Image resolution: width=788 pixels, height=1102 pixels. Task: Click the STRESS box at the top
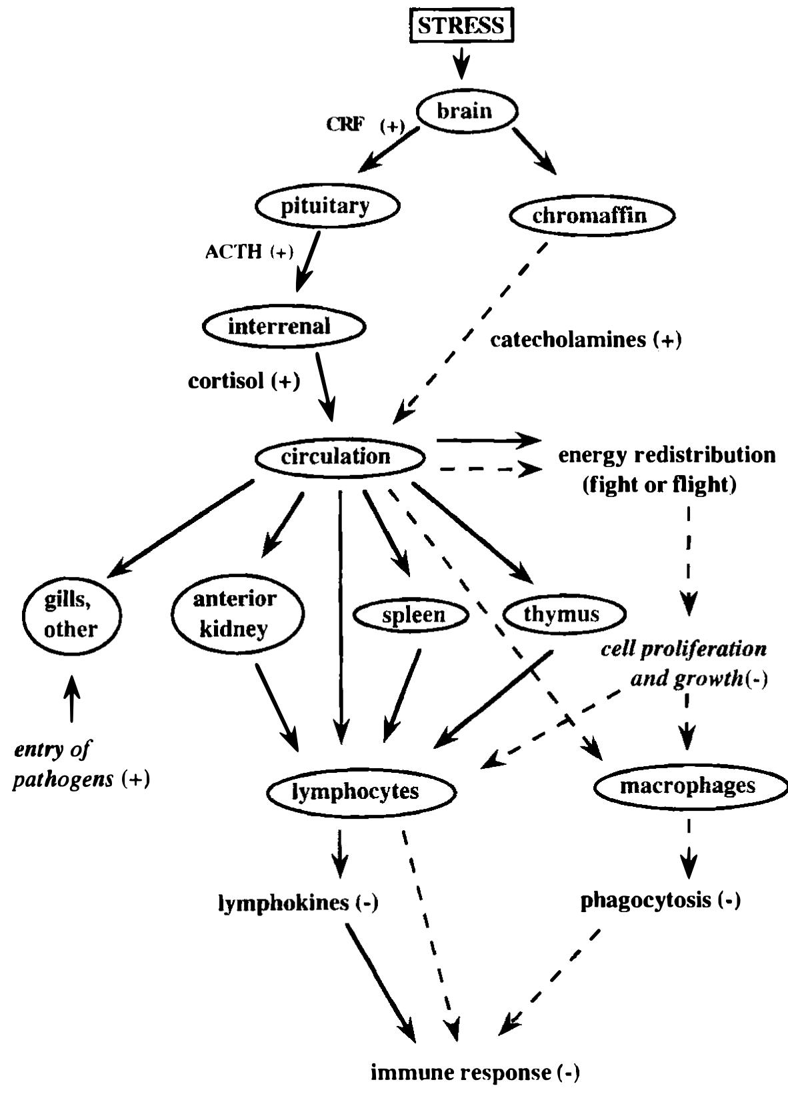click(461, 27)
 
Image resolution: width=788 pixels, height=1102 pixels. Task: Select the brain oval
click(465, 111)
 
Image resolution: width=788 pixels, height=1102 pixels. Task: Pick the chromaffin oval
click(591, 215)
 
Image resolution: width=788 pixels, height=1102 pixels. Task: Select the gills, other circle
click(71, 614)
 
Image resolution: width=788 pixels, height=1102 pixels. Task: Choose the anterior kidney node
click(235, 614)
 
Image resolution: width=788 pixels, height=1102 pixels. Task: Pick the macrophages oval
click(687, 786)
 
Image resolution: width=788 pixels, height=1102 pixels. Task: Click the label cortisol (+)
click(244, 381)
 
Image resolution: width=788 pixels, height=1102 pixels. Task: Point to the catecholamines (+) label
click(586, 340)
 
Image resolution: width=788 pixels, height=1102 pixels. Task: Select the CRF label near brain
click(345, 125)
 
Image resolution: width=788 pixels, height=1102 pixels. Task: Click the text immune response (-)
click(475, 1073)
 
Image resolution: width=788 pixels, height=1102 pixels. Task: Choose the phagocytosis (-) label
click(660, 901)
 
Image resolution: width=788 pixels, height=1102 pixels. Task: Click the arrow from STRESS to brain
click(461, 65)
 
